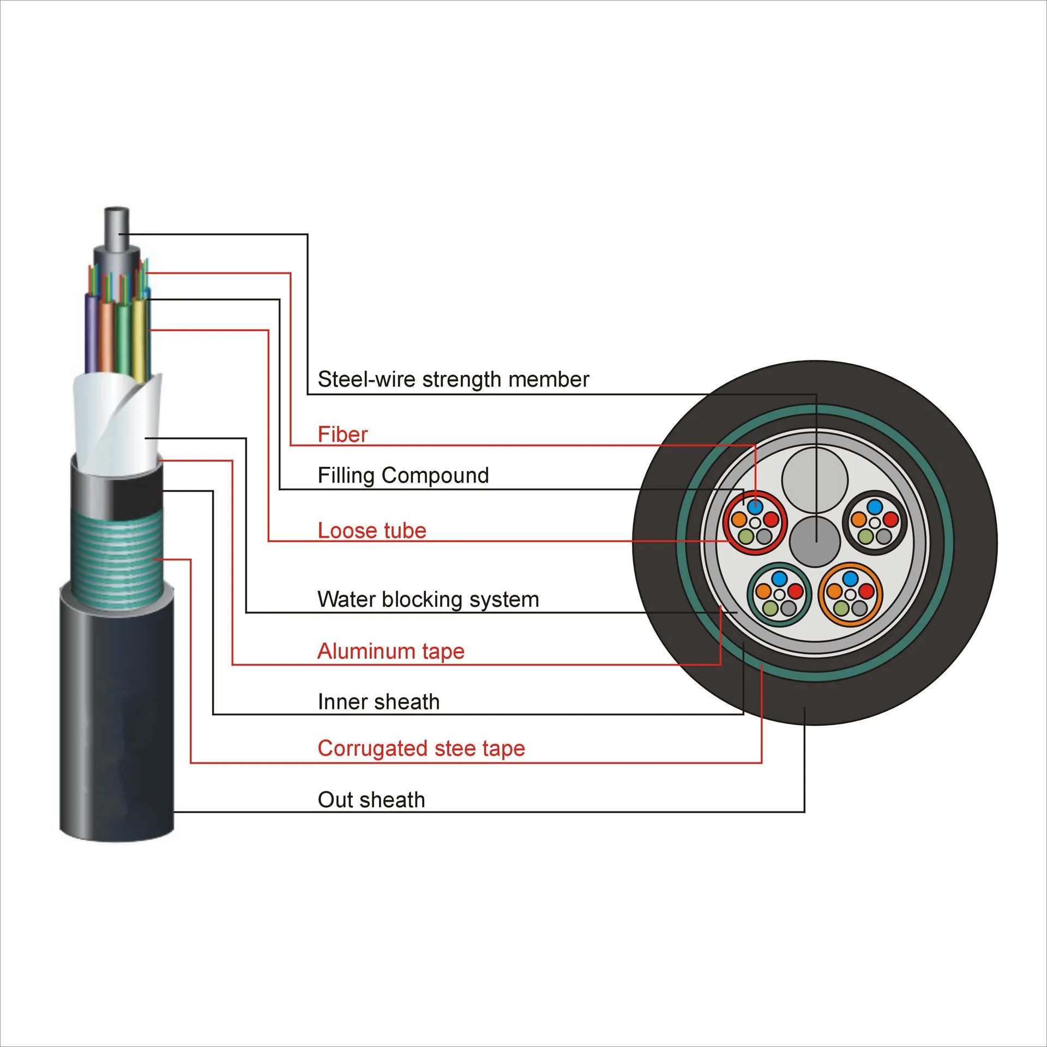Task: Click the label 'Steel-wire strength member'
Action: pos(453,380)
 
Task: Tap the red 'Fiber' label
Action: pos(342,435)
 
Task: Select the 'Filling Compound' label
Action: pos(403,476)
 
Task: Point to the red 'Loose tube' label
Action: pos(371,531)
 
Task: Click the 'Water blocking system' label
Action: pos(428,599)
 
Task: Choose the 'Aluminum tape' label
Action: pos(390,651)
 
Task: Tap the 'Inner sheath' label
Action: pos(378,702)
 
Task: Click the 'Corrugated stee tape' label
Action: pos(421,749)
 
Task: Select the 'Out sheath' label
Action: pos(371,800)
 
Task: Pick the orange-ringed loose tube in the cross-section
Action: pos(850,593)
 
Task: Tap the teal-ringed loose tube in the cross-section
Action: pos(779,594)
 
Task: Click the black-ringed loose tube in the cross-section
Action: pos(874,522)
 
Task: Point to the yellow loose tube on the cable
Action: pos(140,338)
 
